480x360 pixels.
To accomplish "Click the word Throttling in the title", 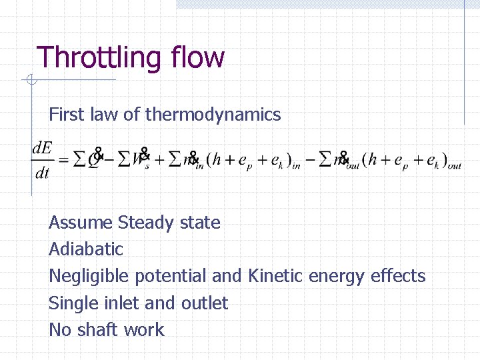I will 99,58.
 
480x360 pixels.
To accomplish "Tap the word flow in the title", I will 197,57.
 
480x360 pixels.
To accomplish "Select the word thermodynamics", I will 213,115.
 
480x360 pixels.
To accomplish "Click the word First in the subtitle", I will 66,115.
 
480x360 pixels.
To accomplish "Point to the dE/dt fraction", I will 42,161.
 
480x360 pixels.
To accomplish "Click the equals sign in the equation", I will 64,161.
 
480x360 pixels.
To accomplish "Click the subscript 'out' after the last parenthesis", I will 454,166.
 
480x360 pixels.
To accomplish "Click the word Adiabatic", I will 86,249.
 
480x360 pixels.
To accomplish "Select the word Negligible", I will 89,276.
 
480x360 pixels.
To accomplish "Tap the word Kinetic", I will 275,275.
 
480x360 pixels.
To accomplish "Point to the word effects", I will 398,275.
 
